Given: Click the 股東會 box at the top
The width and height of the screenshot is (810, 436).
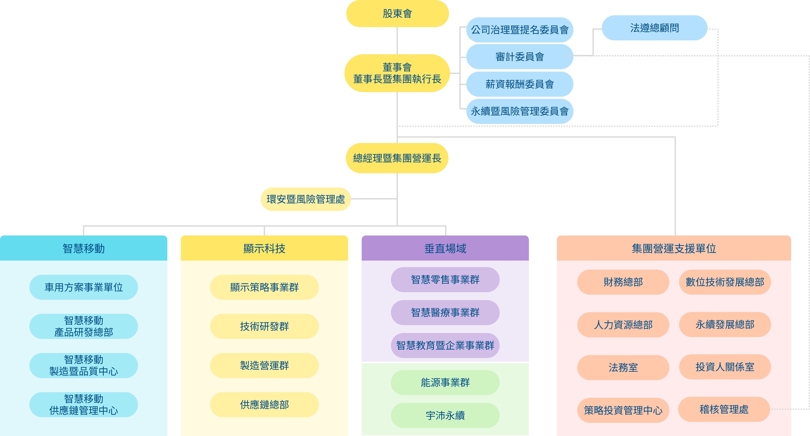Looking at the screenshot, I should [397, 14].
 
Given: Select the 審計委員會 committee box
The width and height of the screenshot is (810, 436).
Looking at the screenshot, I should [519, 57].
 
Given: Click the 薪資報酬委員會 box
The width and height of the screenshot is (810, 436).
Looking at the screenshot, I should [519, 84].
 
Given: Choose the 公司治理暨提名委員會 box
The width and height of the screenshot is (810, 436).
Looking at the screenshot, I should [519, 30].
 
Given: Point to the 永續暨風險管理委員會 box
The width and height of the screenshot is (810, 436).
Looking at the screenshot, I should [519, 111].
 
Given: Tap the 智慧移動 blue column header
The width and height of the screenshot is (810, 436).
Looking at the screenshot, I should [84, 248].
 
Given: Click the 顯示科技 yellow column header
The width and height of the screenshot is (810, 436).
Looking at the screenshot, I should [264, 248].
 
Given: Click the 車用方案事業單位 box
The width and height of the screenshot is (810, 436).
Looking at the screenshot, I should [84, 287].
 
